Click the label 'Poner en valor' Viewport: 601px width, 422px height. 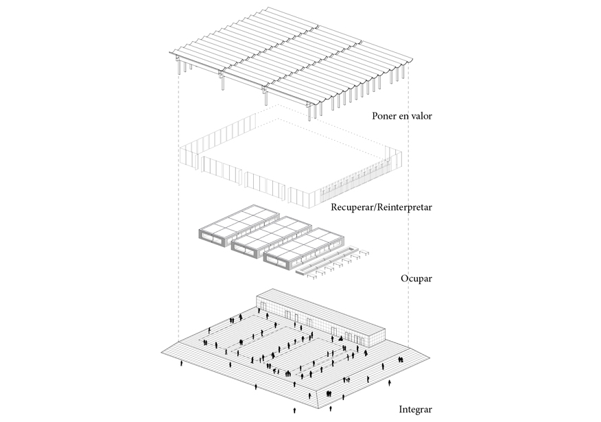click(402, 116)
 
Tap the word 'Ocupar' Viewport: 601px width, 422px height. click(414, 279)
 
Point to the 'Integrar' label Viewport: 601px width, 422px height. click(415, 410)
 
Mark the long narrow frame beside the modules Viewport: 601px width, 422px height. click(328, 259)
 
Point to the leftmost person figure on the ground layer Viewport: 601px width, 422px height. click(182, 363)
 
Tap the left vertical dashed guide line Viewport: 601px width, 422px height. click(179, 206)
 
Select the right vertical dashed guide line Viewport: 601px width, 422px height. click(409, 206)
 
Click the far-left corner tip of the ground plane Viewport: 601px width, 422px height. click(162, 352)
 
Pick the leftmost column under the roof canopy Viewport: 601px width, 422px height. click(180, 69)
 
